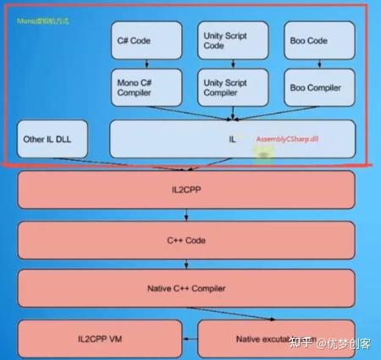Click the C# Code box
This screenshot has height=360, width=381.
(146, 40)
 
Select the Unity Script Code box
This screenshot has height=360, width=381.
(230, 40)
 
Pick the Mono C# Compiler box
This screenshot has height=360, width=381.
(146, 88)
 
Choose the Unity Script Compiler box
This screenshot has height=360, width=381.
(230, 88)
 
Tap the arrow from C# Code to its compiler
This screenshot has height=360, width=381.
(146, 64)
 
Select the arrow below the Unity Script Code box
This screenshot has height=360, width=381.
(230, 64)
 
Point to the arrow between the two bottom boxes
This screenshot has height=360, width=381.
(190, 338)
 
